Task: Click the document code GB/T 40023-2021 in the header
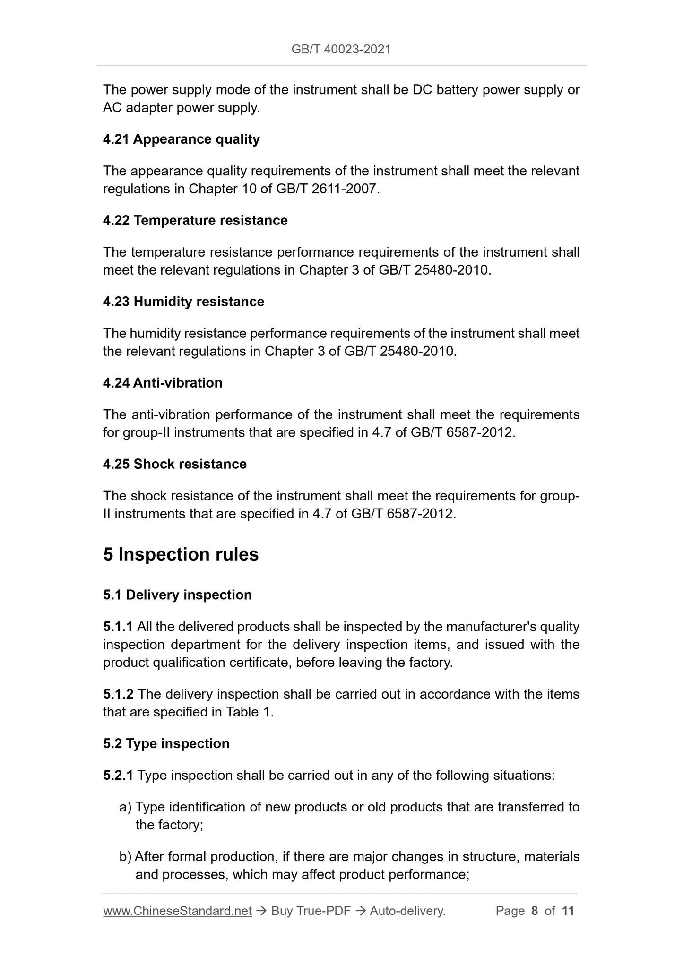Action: [x=341, y=49]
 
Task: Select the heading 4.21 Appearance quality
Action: [x=181, y=139]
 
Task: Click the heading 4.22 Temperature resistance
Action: [x=195, y=221]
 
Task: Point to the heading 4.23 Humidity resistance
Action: [x=183, y=302]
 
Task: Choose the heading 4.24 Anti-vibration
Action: [x=163, y=383]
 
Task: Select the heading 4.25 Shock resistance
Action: [x=175, y=464]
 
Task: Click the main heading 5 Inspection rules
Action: [x=181, y=554]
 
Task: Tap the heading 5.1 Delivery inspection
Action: [x=177, y=595]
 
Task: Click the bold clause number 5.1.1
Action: [x=118, y=627]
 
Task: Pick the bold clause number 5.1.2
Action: [x=118, y=694]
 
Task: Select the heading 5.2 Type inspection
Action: [x=166, y=744]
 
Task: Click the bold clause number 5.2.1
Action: [x=118, y=776]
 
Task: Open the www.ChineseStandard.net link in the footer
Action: [x=177, y=911]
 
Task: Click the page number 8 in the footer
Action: [x=535, y=911]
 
